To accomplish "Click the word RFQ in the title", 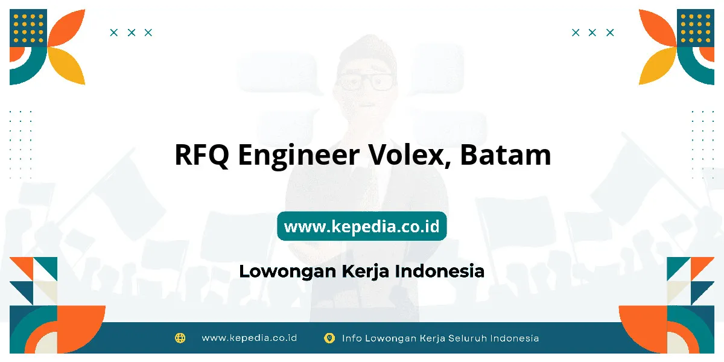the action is coord(202,156).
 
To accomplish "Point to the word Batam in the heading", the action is coord(506,155).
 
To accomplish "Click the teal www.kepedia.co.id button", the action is coord(361,226).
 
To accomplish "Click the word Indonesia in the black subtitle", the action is coord(440,271).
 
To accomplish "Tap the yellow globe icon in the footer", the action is coord(180,338).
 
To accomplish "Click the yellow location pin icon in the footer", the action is coord(329,338).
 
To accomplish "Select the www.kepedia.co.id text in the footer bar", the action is coord(249,338).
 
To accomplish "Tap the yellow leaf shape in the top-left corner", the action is coord(67,66).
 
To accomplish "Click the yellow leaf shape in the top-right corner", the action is coord(657,66).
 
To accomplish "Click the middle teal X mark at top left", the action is coord(132,33).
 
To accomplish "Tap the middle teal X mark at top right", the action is coord(592,33).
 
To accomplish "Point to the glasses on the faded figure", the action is coord(365,81).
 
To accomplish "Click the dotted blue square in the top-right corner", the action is coord(696,28).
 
